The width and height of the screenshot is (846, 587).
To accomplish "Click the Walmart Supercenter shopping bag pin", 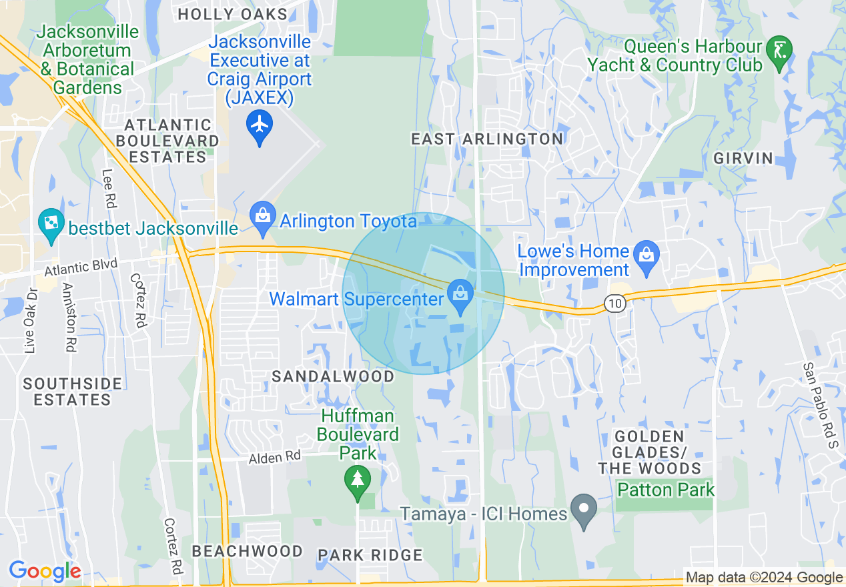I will click(x=460, y=296).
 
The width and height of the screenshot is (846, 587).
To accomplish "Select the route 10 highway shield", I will click(x=614, y=304).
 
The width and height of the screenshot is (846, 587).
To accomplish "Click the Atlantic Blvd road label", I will click(x=81, y=268).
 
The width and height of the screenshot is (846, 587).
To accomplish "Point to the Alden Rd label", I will click(x=275, y=458).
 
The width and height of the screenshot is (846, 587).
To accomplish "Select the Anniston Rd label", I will click(x=69, y=318).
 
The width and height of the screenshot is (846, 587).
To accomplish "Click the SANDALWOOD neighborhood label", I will click(x=333, y=376).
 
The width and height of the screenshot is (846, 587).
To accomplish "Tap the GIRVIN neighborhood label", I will click(x=743, y=158).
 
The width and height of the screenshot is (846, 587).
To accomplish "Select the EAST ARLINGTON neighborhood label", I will click(x=486, y=139).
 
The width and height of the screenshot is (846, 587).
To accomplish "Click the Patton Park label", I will click(x=665, y=490).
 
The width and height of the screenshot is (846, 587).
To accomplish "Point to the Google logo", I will click(x=45, y=571).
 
